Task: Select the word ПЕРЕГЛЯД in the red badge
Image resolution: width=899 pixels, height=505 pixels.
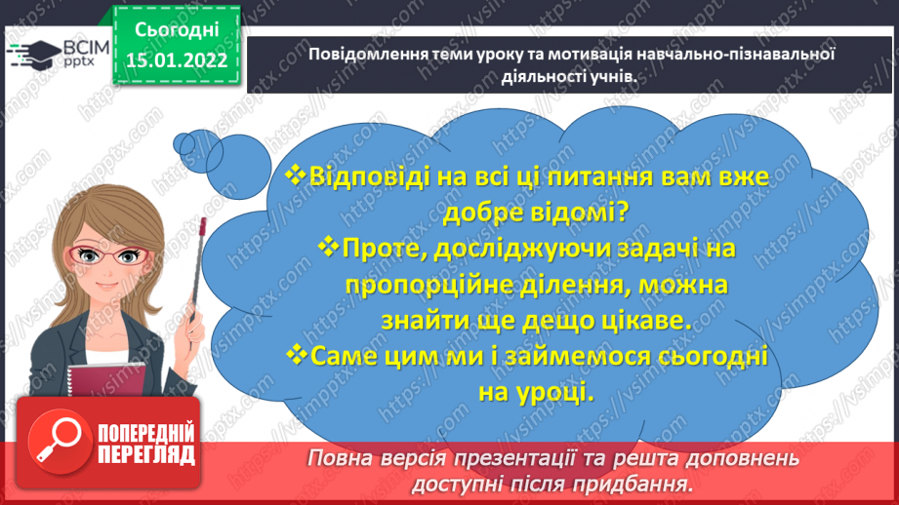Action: tap(145, 454)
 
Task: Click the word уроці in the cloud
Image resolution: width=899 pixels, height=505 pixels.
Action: tap(557, 392)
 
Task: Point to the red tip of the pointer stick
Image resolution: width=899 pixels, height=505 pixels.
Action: tap(205, 226)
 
